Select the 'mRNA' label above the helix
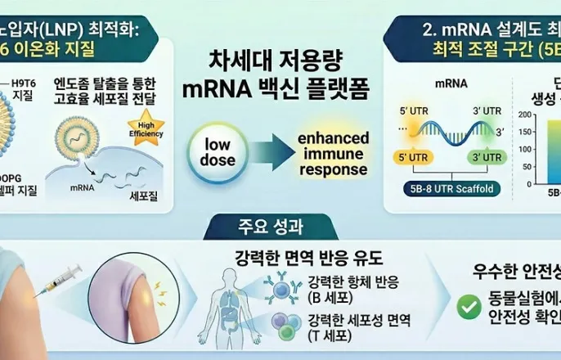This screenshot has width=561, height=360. click(x=444, y=83)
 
